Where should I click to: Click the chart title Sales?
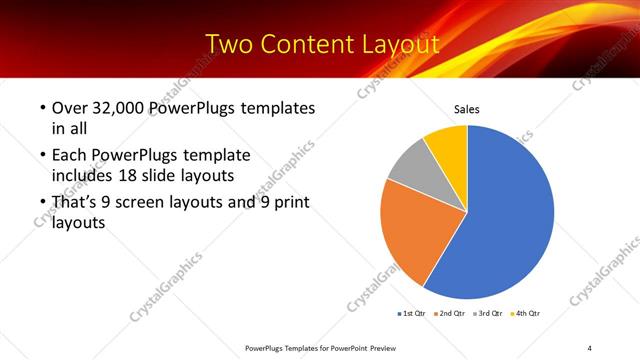tap(467, 108)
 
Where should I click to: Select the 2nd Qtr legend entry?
tap(452, 314)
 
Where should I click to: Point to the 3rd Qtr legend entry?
tap(490, 314)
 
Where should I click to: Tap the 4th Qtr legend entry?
tap(528, 314)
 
